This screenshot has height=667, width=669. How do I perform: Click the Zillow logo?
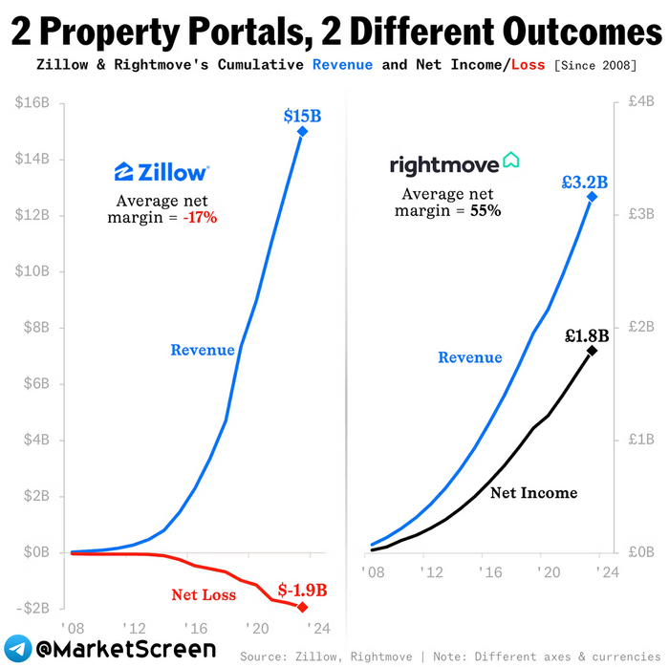[x=161, y=172]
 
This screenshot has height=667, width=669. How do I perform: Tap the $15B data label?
[x=302, y=116]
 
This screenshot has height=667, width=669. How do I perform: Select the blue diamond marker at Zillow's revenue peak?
[x=302, y=132]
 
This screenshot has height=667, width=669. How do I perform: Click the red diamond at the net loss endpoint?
[x=303, y=607]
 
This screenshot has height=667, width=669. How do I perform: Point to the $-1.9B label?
[x=302, y=590]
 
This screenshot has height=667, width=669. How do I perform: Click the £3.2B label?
[x=585, y=181]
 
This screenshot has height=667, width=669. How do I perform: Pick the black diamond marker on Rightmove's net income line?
[x=592, y=351]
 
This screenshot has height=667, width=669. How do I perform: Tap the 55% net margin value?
[x=485, y=210]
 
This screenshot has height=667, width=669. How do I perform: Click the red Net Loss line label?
[x=204, y=595]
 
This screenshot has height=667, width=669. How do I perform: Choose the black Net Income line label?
[x=533, y=493]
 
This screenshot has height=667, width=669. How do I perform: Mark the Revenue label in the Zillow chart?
[x=203, y=350]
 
